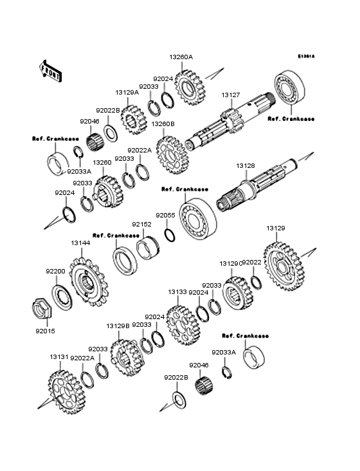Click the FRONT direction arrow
50,71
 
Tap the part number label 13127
231,95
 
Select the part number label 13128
246,166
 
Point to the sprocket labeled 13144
89,282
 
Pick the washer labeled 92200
62,299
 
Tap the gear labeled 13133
183,326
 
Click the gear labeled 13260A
190,86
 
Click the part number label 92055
165,216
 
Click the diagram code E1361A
306,56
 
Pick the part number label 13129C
231,264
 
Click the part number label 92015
45,331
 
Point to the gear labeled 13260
108,192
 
